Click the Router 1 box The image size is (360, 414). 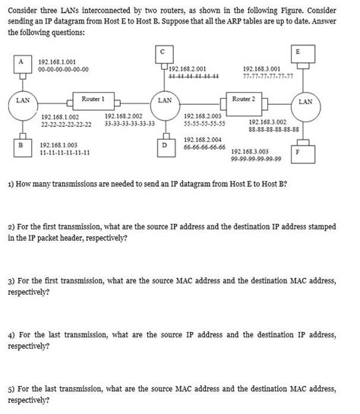[x=93, y=100]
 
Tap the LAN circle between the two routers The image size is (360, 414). [x=164, y=101]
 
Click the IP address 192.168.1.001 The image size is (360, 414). [x=58, y=60]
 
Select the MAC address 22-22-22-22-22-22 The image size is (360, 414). [x=66, y=124]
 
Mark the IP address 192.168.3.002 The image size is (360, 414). [x=267, y=121]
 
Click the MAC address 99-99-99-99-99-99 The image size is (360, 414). [x=256, y=159]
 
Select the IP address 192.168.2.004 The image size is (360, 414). [x=204, y=140]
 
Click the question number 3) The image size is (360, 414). [x=11, y=280]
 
